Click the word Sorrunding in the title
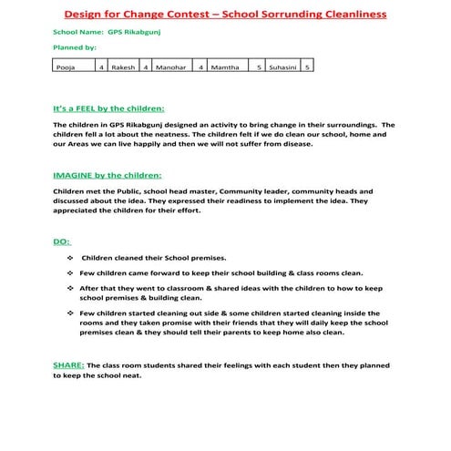point(286,15)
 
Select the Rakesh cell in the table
point(125,67)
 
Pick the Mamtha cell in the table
point(228,67)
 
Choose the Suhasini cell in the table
point(283,67)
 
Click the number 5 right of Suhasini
point(308,67)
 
